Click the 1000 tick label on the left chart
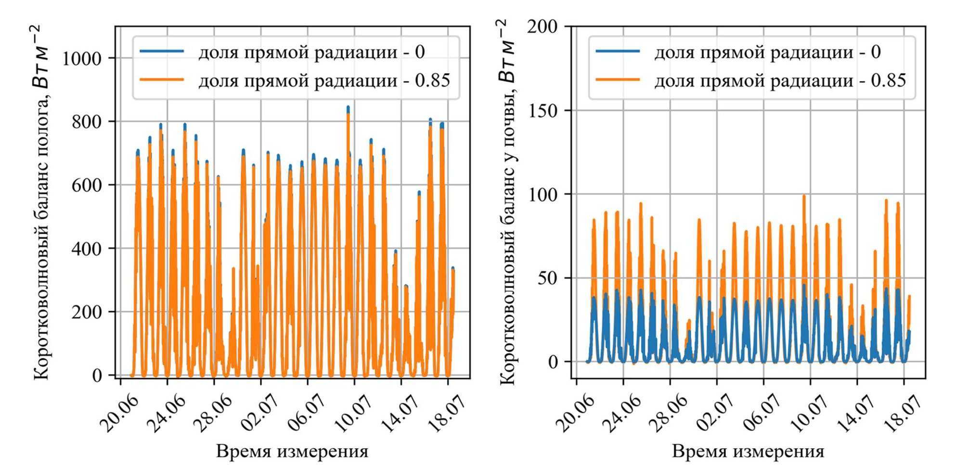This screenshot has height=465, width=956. point(82,59)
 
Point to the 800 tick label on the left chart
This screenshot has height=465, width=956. point(87,122)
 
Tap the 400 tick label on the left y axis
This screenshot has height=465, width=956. point(87,249)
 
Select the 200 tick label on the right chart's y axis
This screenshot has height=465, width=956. point(542,26)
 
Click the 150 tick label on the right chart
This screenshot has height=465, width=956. point(542,111)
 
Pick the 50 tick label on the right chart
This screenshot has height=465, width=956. point(547,278)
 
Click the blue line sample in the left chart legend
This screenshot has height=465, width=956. point(162,51)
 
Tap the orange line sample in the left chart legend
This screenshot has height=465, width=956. point(162,80)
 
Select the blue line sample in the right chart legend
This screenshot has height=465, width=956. point(618,51)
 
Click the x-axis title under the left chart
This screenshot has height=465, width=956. point(292,452)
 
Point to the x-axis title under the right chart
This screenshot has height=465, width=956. point(748,452)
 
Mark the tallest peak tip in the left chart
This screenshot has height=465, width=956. point(348,107)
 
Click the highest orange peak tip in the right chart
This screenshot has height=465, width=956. point(804,196)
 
